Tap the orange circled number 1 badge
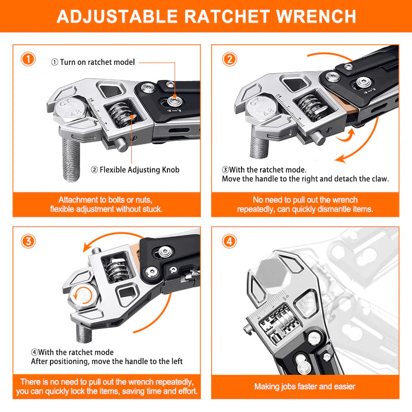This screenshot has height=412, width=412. click(x=28, y=59)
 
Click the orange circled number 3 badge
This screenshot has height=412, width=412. click(x=28, y=241)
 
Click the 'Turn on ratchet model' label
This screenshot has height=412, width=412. click(x=96, y=62)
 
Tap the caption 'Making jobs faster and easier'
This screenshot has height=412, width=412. click(x=305, y=386)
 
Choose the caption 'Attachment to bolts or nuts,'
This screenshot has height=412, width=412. click(x=107, y=200)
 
